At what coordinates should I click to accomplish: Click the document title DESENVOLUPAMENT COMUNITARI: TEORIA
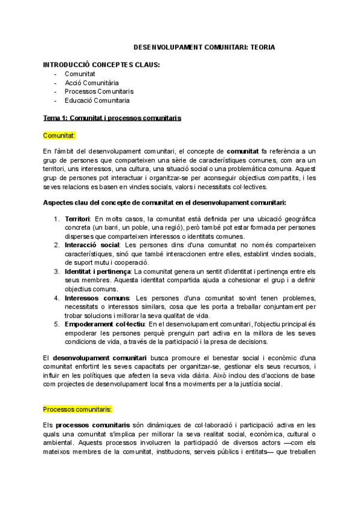click(204, 46)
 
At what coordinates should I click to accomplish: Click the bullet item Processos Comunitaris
click(99, 91)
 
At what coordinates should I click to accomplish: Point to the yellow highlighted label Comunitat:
click(58, 136)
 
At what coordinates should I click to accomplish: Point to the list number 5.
click(56, 324)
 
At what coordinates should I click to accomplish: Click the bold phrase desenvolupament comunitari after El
click(99, 358)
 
